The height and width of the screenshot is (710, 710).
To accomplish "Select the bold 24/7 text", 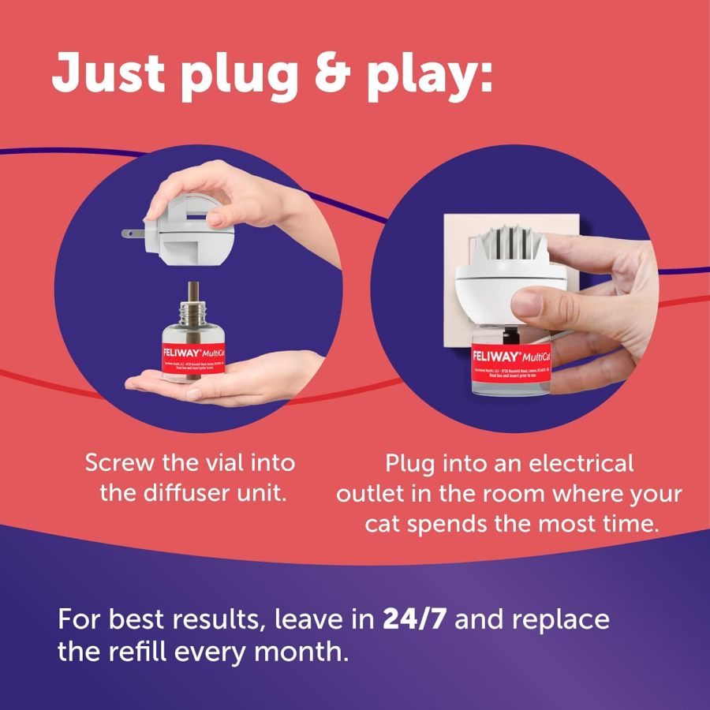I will point(415,618).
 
